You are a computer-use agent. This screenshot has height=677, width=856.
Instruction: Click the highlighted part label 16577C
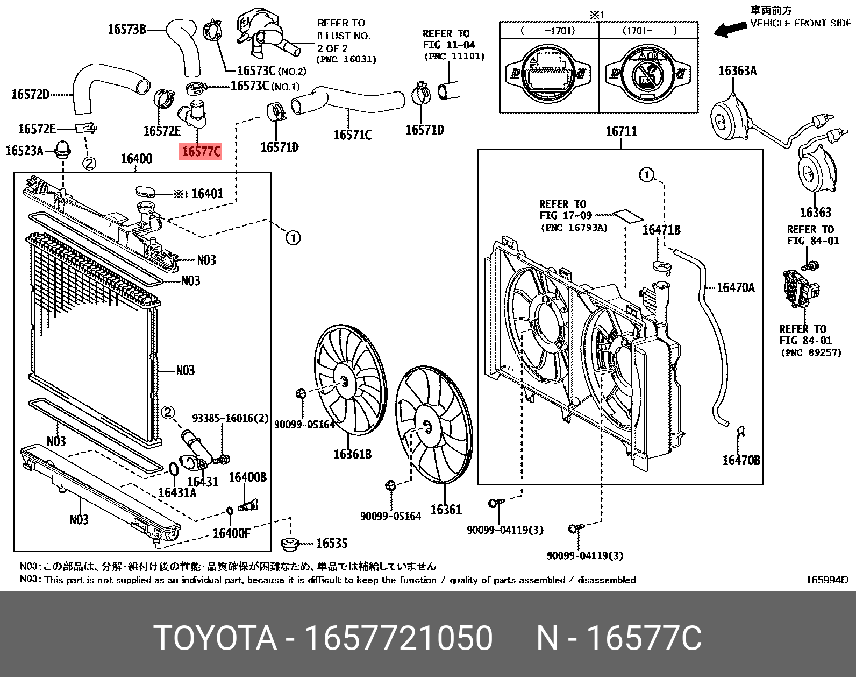coord(201,152)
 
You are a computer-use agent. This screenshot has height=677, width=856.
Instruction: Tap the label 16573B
coord(127,30)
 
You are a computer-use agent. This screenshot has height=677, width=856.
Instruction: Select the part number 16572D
coord(30,95)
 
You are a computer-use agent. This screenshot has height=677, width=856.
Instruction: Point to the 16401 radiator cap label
coord(207,194)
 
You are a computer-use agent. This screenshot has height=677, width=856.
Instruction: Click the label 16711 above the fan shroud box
coord(621,131)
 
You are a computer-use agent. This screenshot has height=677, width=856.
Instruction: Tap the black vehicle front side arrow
coord(730,29)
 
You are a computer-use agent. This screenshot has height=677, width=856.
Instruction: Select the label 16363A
coord(737,71)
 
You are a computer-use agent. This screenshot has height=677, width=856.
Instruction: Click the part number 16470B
coord(741,460)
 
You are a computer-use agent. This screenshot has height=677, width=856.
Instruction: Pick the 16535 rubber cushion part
coord(290,544)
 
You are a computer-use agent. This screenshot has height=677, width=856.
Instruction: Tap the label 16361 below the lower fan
coord(446,510)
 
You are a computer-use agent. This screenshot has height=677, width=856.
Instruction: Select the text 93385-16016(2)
coord(230,418)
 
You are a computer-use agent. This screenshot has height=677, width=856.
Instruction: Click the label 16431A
coord(177,492)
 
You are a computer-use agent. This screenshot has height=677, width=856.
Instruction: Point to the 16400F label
coord(232,533)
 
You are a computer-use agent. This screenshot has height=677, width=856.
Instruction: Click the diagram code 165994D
coord(826,580)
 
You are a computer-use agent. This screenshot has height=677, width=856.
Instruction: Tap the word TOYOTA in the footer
coord(215,638)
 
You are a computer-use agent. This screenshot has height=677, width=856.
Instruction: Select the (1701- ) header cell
coord(649,31)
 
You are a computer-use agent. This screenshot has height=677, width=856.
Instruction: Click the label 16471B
coord(661,230)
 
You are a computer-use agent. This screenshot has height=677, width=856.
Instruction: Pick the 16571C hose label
coord(352,135)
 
